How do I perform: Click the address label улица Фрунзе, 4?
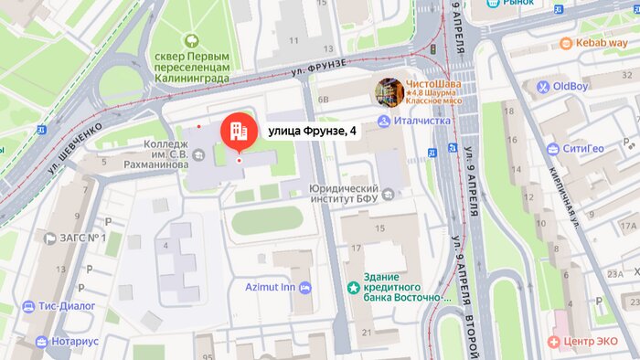click(x=313, y=131)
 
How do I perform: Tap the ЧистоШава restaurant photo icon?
click(x=389, y=91)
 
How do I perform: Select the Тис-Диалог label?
click(x=69, y=306)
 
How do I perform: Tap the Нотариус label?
click(x=75, y=342)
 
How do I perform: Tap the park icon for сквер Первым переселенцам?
click(x=191, y=40)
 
